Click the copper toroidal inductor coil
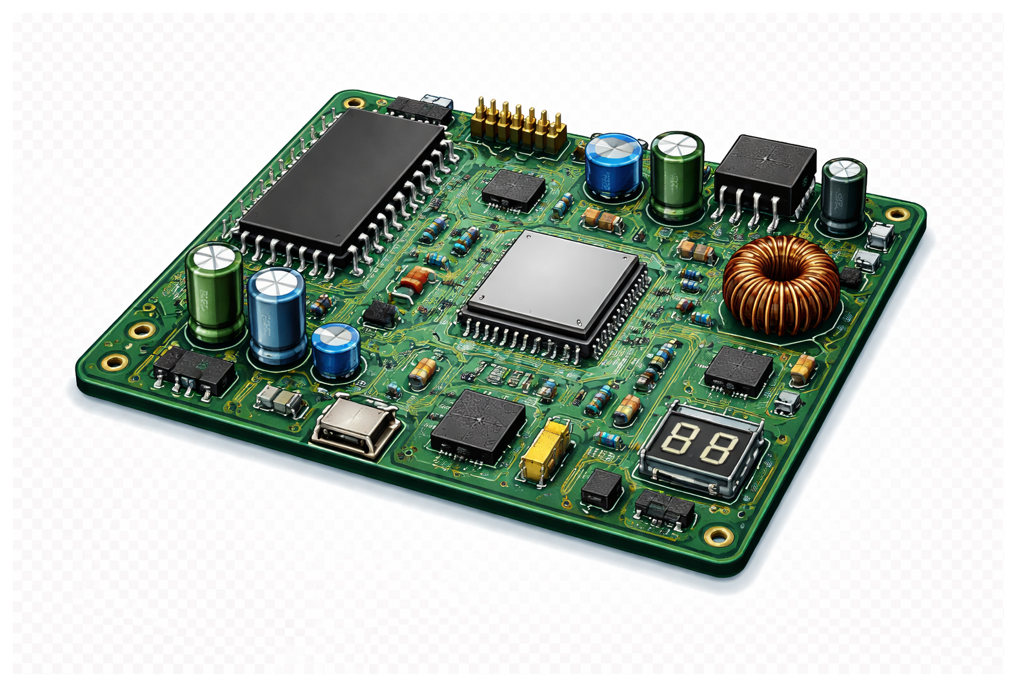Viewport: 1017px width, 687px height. [781, 285]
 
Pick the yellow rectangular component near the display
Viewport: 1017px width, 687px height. [545, 450]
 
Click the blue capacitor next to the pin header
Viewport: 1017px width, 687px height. [613, 165]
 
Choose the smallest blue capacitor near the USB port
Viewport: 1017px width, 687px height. [336, 351]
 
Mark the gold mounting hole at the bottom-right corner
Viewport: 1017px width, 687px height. [718, 535]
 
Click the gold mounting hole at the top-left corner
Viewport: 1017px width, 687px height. [354, 102]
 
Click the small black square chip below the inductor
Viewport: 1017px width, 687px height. [738, 371]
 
